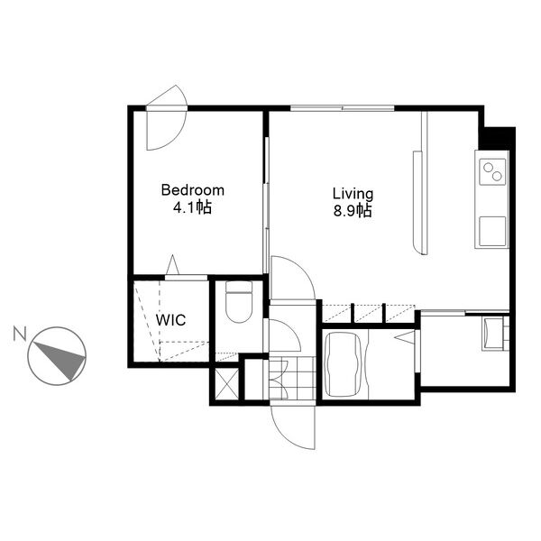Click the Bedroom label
click(x=193, y=190)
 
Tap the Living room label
click(x=353, y=194)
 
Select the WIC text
click(x=170, y=320)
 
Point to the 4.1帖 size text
click(x=192, y=207)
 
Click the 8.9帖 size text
click(x=353, y=210)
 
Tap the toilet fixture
click(x=239, y=301)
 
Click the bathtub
click(x=343, y=364)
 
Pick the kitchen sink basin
click(x=492, y=231)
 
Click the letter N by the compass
click(x=20, y=334)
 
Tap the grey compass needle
click(x=61, y=360)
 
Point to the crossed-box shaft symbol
click(x=226, y=384)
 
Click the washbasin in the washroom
click(x=491, y=334)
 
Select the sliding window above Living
click(x=343, y=108)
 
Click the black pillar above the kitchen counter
click(x=497, y=138)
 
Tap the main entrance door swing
click(x=293, y=427)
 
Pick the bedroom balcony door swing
click(x=167, y=117)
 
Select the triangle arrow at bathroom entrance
click(x=404, y=338)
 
